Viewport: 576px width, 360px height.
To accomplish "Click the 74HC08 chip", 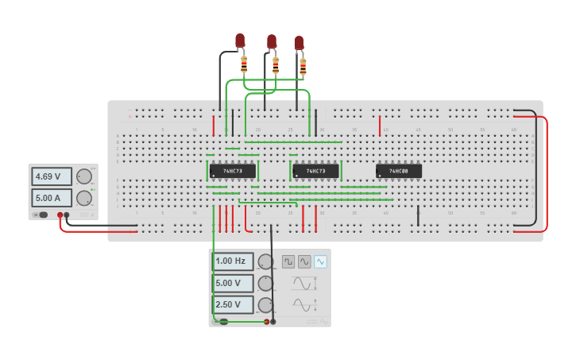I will (399, 171).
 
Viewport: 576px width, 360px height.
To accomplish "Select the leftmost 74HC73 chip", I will (233, 171).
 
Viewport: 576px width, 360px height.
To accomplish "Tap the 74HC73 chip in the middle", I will (315, 171).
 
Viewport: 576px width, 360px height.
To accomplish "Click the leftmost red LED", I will (240, 41).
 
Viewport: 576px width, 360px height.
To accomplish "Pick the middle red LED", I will (272, 41).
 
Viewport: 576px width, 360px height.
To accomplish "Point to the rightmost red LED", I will (299, 43).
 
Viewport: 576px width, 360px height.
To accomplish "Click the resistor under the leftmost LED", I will (244, 64).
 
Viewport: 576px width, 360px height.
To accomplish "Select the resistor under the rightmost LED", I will (303, 67).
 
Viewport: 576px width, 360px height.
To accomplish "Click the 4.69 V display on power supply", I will (52, 176).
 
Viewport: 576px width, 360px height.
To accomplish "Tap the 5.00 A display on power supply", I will (52, 197).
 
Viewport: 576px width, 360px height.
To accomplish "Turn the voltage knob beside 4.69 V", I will (83, 177).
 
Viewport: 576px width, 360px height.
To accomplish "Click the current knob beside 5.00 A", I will (83, 198).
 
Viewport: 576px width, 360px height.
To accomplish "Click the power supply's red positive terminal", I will (60, 215).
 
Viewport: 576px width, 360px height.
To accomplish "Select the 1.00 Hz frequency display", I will (233, 261).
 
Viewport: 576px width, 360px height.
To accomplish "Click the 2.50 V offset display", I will (233, 304).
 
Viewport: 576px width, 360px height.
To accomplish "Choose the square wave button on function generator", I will (288, 261).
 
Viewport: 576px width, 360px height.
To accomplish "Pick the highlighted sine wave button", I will (320, 261).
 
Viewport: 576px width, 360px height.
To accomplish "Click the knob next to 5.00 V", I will (265, 284).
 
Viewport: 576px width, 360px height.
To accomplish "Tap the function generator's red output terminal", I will (266, 322).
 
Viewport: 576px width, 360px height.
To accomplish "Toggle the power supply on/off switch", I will (41, 215).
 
